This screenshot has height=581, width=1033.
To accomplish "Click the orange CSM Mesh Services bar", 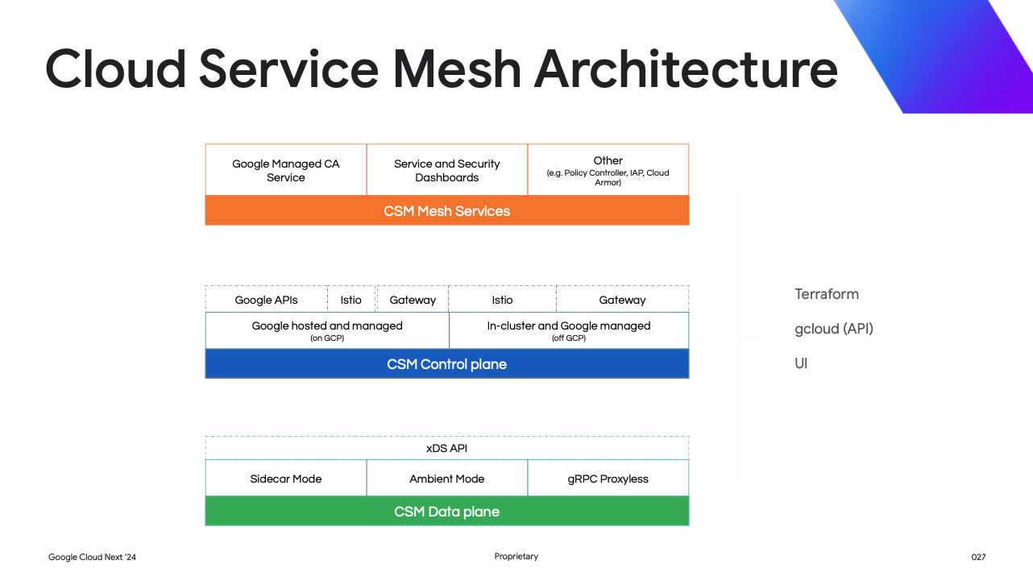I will [447, 211].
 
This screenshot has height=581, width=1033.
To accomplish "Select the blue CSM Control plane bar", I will [447, 364].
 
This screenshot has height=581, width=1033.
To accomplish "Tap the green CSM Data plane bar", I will [447, 512].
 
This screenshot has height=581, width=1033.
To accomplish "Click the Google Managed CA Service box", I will [286, 170].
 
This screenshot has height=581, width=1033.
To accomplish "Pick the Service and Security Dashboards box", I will [447, 170].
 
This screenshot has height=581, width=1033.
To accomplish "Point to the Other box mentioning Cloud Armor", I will [608, 170].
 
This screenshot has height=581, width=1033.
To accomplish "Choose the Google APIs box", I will [267, 300].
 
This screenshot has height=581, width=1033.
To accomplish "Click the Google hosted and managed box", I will [327, 330].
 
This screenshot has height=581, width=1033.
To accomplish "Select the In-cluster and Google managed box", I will [569, 330].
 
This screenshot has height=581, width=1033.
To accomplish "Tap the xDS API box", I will [447, 448].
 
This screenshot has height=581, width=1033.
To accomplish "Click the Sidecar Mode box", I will [286, 479].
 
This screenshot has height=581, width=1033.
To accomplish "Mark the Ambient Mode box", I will [447, 479].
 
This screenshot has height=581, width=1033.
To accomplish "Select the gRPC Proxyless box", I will [608, 479].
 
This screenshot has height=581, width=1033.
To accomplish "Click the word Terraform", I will [827, 294].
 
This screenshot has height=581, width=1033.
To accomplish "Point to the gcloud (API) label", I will [834, 329].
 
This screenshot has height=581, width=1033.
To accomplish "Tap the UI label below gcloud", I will [801, 363].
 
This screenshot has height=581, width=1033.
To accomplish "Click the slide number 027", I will [978, 557].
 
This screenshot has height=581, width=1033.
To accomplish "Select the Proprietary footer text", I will [516, 557].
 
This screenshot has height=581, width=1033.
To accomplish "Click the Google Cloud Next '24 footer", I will [93, 557].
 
